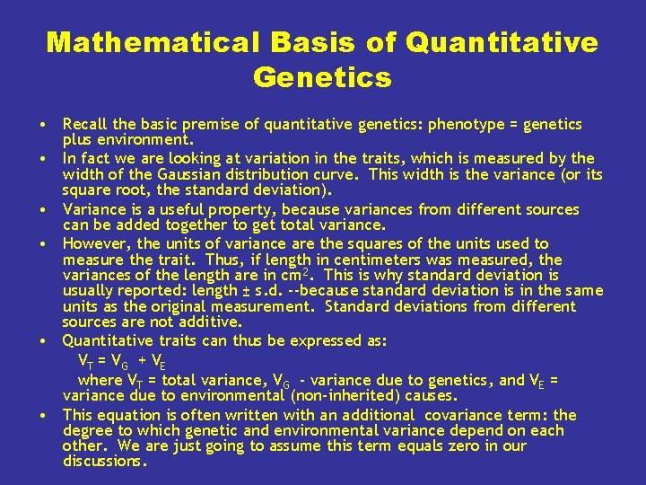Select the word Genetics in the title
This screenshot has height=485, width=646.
coord(322,78)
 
